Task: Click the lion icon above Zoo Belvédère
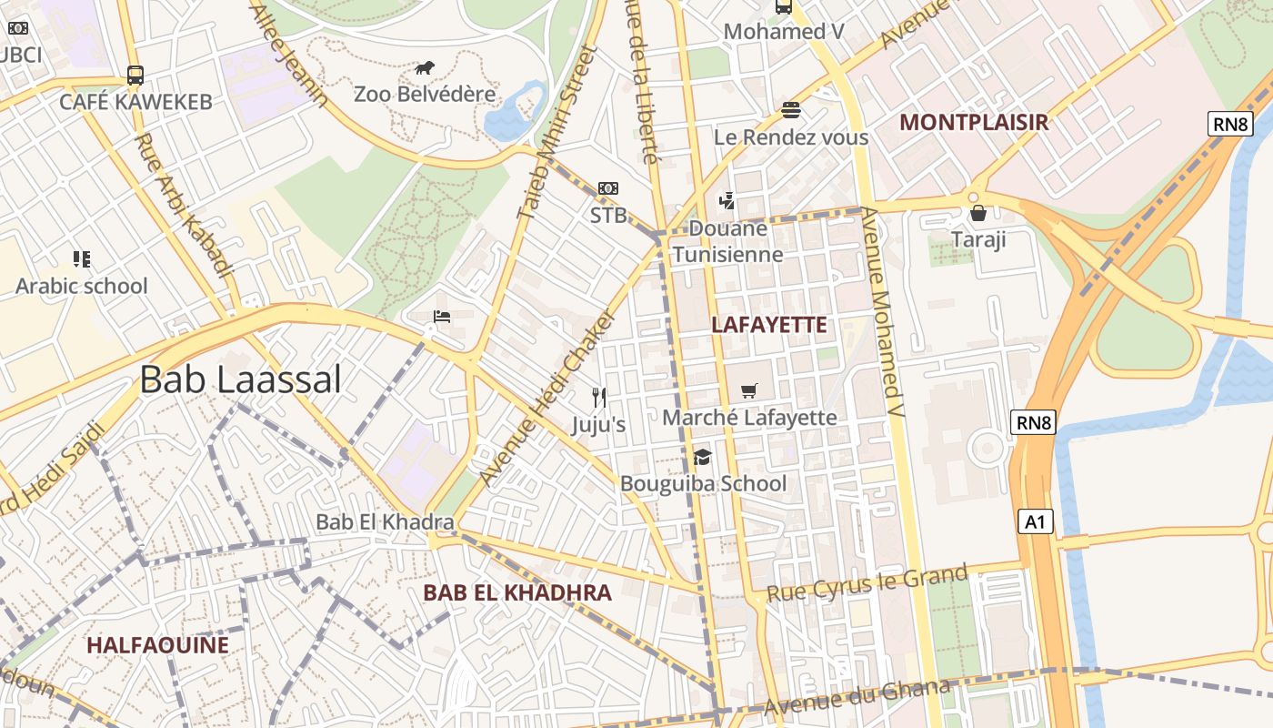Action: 425,67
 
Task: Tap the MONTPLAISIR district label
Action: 973,122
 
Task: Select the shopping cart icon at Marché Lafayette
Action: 749,391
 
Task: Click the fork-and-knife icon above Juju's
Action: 598,398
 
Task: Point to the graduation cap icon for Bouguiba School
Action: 702,457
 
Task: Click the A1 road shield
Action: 1036,521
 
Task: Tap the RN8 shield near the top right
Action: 1229,125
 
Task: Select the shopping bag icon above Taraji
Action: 978,214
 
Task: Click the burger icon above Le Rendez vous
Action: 791,111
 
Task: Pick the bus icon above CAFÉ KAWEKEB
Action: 135,76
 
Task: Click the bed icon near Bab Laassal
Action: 442,317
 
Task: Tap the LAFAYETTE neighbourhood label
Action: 769,325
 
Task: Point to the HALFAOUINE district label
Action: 157,645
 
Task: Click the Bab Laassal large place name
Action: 240,379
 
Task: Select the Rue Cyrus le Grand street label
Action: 867,582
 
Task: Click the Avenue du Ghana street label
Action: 857,696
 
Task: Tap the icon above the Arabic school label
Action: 82,259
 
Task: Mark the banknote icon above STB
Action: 608,188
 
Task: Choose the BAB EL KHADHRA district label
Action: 517,592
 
